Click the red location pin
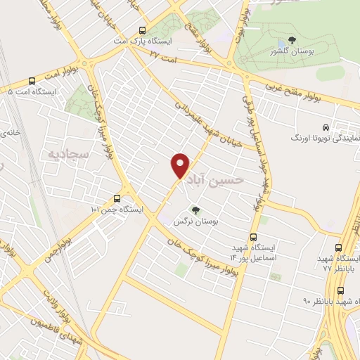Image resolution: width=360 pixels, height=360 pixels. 181,165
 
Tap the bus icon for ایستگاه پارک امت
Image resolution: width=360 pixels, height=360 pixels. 143,30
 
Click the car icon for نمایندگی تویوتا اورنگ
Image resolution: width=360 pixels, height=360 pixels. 325,127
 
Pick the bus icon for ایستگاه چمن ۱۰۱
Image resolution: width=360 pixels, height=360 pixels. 117,198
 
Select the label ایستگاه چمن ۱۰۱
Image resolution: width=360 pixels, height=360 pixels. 117,210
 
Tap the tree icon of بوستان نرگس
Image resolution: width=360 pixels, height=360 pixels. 195,210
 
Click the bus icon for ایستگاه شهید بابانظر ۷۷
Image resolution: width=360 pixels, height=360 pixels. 340,247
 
